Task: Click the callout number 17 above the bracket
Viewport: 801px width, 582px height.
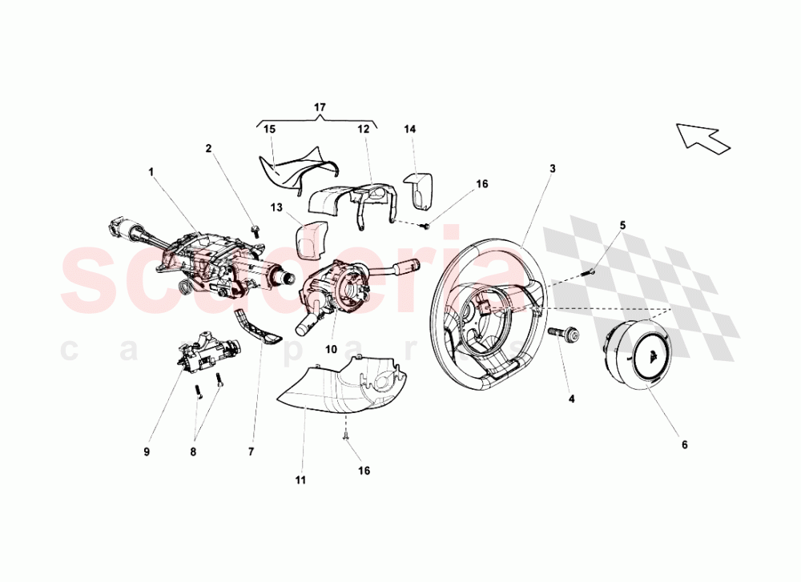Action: [x=320, y=106]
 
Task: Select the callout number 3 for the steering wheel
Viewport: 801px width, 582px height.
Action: [x=553, y=168]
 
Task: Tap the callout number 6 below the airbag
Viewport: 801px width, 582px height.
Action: [x=684, y=444]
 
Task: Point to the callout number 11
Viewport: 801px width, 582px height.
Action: [x=300, y=480]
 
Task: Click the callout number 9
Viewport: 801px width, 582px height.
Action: [x=147, y=452]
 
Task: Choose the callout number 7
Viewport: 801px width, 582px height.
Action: [x=251, y=452]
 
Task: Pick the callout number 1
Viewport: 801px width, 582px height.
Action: [x=150, y=171]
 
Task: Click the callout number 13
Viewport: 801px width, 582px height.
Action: [x=276, y=208]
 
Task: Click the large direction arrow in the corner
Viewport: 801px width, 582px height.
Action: [x=702, y=137]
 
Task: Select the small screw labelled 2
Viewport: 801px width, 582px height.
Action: [x=255, y=231]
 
